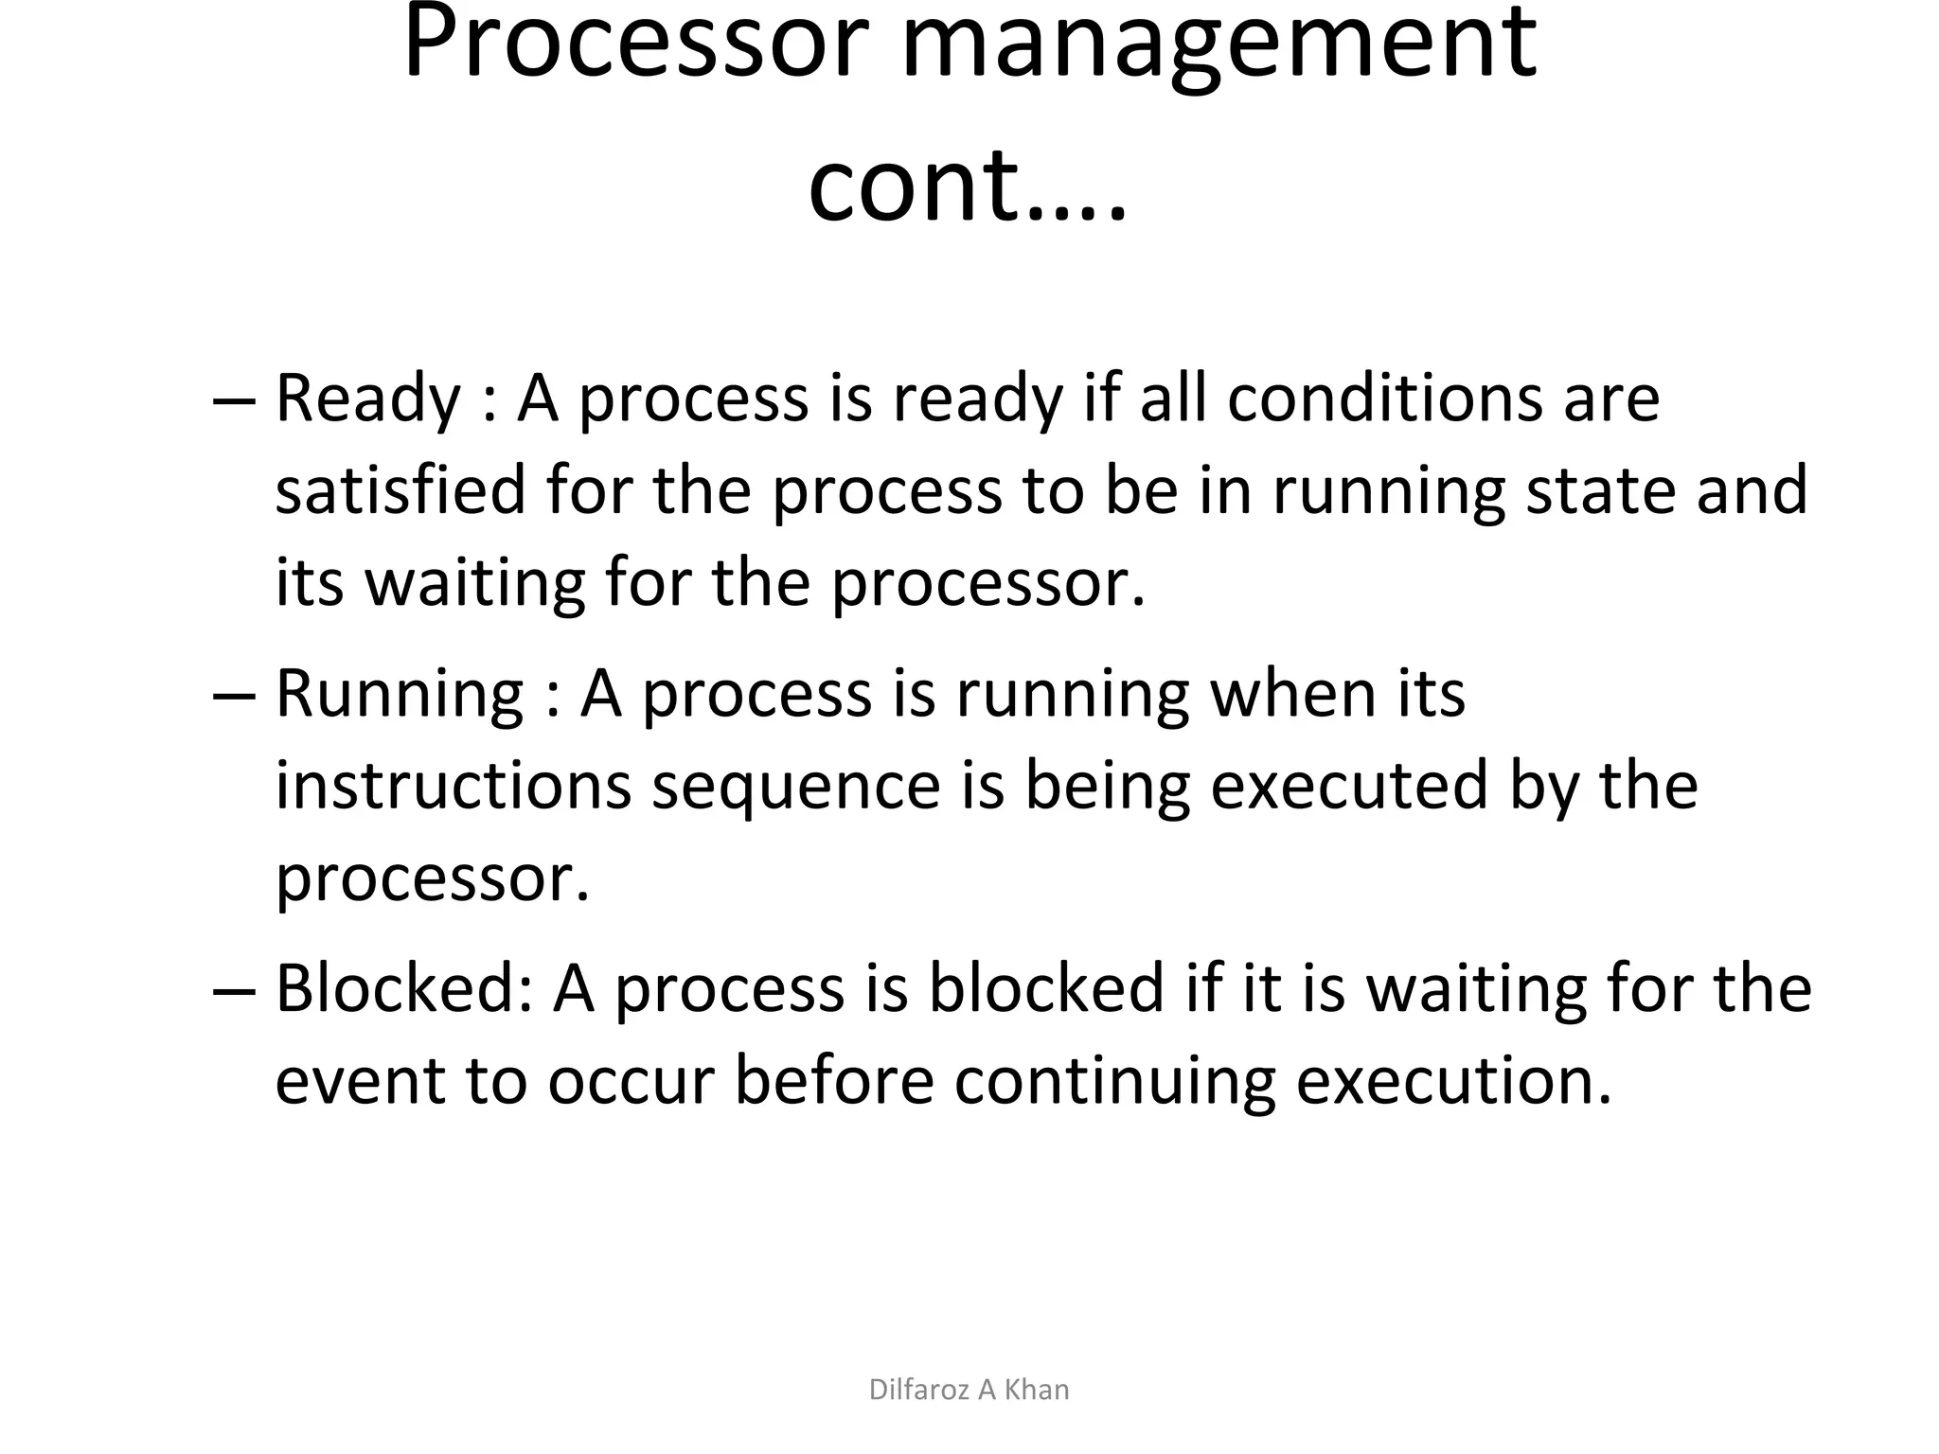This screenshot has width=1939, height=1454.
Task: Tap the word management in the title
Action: pos(1219,47)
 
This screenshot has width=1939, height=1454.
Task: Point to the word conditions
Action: pos(1384,398)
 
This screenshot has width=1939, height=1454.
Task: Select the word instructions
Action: pos(453,786)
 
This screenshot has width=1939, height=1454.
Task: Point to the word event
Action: pos(360,1081)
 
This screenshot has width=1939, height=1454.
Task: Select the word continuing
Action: pos(1113,1081)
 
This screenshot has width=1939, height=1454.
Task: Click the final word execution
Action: pos(1452,1081)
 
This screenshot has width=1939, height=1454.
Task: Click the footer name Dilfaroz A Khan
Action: pos(969,1390)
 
